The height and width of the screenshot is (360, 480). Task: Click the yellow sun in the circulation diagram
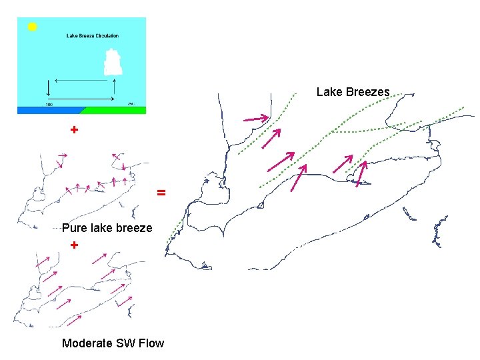click(32, 27)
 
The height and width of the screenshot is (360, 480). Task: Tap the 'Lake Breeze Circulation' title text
click(93, 36)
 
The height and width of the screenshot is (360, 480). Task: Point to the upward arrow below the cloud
click(115, 87)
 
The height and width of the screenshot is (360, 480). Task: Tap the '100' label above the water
click(49, 104)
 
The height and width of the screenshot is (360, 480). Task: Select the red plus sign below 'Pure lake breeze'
click(74, 245)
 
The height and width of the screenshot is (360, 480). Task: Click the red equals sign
click(161, 193)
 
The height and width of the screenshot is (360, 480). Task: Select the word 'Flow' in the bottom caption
click(151, 343)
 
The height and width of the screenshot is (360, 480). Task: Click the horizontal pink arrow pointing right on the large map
click(257, 119)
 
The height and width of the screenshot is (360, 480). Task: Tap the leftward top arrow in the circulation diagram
click(83, 80)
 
